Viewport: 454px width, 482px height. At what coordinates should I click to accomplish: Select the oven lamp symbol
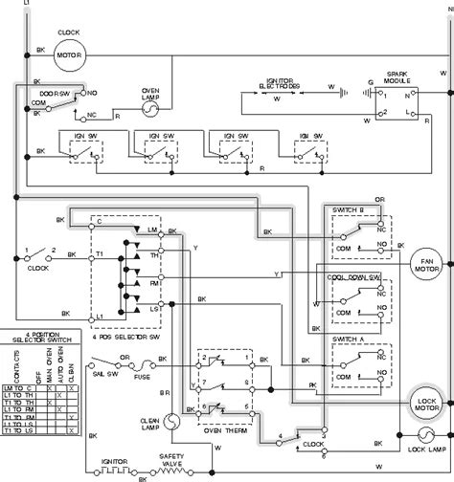149,111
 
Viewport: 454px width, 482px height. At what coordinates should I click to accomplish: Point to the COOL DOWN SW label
355,276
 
